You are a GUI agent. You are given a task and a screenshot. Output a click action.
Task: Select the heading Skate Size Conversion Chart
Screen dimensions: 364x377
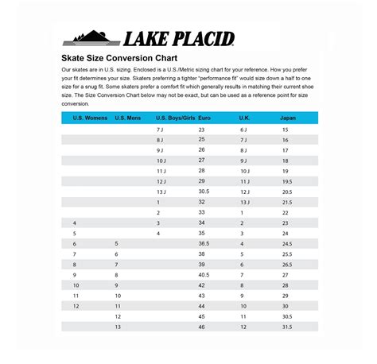(119, 58)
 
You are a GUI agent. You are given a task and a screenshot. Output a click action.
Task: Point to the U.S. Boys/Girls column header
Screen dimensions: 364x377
(176, 118)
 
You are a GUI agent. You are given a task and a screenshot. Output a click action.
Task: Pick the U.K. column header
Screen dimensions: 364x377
(244, 118)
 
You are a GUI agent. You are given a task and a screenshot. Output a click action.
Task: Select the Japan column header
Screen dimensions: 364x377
(289, 118)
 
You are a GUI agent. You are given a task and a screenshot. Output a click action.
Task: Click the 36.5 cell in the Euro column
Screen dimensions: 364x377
(203, 243)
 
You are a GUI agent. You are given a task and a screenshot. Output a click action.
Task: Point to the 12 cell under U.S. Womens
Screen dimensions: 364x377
(76, 305)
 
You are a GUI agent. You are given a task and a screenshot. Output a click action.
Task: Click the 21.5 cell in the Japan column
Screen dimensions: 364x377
(287, 202)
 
